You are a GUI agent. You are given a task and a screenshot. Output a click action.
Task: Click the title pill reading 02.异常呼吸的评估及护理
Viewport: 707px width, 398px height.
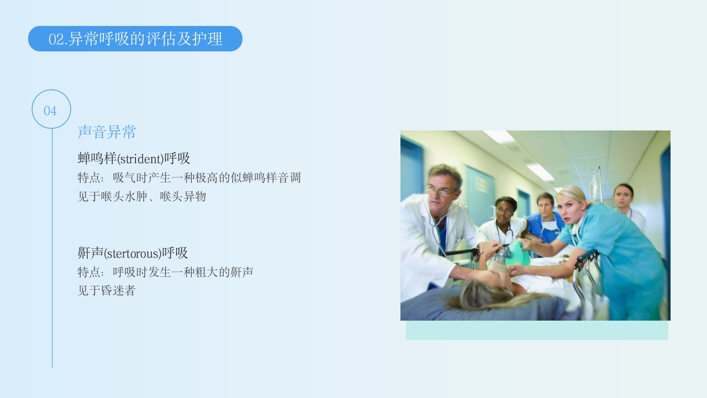coord(135,39)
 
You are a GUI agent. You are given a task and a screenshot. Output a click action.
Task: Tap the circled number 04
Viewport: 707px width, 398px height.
coord(51,110)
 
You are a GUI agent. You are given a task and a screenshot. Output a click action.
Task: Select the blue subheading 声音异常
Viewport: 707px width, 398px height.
coord(107,132)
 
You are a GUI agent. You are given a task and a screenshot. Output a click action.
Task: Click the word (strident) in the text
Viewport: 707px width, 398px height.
coord(140,159)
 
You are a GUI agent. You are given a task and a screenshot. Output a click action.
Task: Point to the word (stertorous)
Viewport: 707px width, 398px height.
coord(133,254)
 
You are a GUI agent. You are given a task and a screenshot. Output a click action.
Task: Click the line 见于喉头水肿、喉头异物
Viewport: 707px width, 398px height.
coord(141,196)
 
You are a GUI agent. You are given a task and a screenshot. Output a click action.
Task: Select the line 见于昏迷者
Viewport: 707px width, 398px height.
coord(106,291)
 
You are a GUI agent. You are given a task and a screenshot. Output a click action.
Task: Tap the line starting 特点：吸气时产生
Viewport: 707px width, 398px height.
coord(189,178)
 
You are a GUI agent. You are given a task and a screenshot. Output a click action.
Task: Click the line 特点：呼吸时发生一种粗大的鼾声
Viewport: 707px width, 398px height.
coord(165,273)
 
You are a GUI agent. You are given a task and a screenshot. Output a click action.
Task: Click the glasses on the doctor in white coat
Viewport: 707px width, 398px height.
coord(441,191)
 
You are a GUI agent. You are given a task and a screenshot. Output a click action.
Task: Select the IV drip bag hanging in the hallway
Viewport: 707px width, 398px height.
coord(595,188)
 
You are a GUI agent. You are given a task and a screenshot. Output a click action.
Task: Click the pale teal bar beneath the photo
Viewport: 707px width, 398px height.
coord(537,331)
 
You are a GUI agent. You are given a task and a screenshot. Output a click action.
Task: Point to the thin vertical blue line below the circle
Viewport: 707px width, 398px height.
coord(52,249)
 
